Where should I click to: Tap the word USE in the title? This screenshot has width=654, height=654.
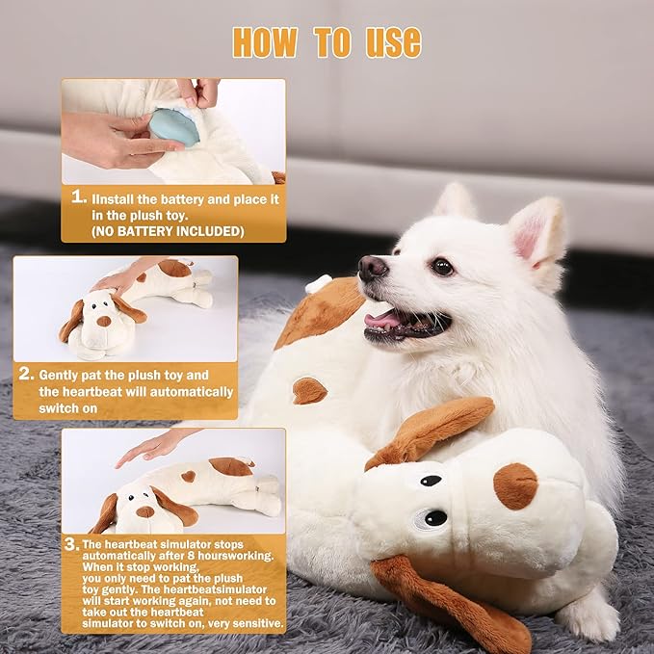click(x=392, y=41)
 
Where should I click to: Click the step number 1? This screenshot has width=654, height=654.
click(x=79, y=197)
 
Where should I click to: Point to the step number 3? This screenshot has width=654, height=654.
click(x=71, y=545)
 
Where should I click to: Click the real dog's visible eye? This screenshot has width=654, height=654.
click(x=442, y=267)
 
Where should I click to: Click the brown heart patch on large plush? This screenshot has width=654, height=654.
click(x=309, y=390)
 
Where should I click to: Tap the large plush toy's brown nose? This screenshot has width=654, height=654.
click(x=515, y=485)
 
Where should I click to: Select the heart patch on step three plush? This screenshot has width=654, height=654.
click(x=189, y=476)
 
